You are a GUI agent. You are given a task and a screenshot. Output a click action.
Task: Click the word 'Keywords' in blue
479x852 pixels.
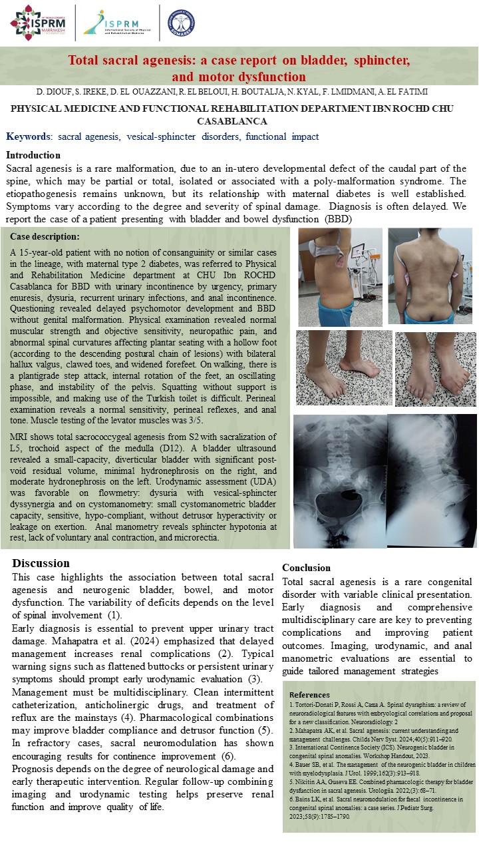pos(29,136)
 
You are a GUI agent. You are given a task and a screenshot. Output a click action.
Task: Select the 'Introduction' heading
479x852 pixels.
pos(33,155)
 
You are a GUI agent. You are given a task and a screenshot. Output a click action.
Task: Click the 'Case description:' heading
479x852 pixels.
pos(45,236)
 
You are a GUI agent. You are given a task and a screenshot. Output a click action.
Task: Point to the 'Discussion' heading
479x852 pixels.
pos(41,563)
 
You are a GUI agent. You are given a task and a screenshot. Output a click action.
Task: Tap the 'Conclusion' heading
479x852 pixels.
pos(306,568)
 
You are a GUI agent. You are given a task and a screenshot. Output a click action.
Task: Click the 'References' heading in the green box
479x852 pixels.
pos(309,694)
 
